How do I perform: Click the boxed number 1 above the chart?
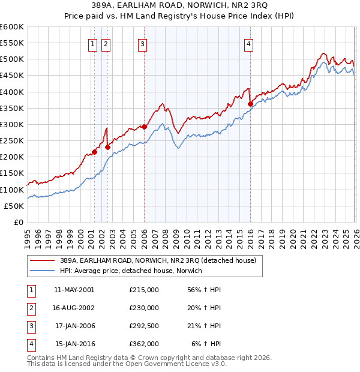94,43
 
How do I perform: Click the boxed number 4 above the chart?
248,43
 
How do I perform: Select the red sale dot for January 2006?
144,127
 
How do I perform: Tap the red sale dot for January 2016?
250,104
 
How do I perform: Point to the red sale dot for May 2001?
94,152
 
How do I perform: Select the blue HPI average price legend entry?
131,271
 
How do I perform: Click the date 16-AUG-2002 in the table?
74,308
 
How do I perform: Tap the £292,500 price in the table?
144,326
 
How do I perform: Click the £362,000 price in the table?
144,344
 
